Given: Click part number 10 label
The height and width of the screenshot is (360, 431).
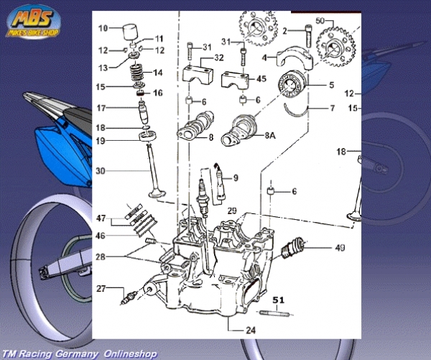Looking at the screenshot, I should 103,29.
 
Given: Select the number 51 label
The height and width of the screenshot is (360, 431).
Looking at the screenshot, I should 279,300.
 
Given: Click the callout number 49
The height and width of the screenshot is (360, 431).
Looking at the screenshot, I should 339,249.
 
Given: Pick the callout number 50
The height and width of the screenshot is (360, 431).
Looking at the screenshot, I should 321,22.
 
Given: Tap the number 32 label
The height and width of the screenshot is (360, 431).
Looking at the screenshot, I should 218,57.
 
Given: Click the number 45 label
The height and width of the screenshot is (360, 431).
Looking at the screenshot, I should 261,79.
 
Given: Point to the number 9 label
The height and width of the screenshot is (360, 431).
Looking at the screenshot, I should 235,177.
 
